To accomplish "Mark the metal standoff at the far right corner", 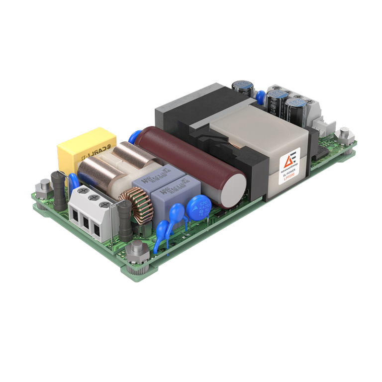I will pos(343,134).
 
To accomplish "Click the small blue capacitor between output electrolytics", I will pos(260,95).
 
